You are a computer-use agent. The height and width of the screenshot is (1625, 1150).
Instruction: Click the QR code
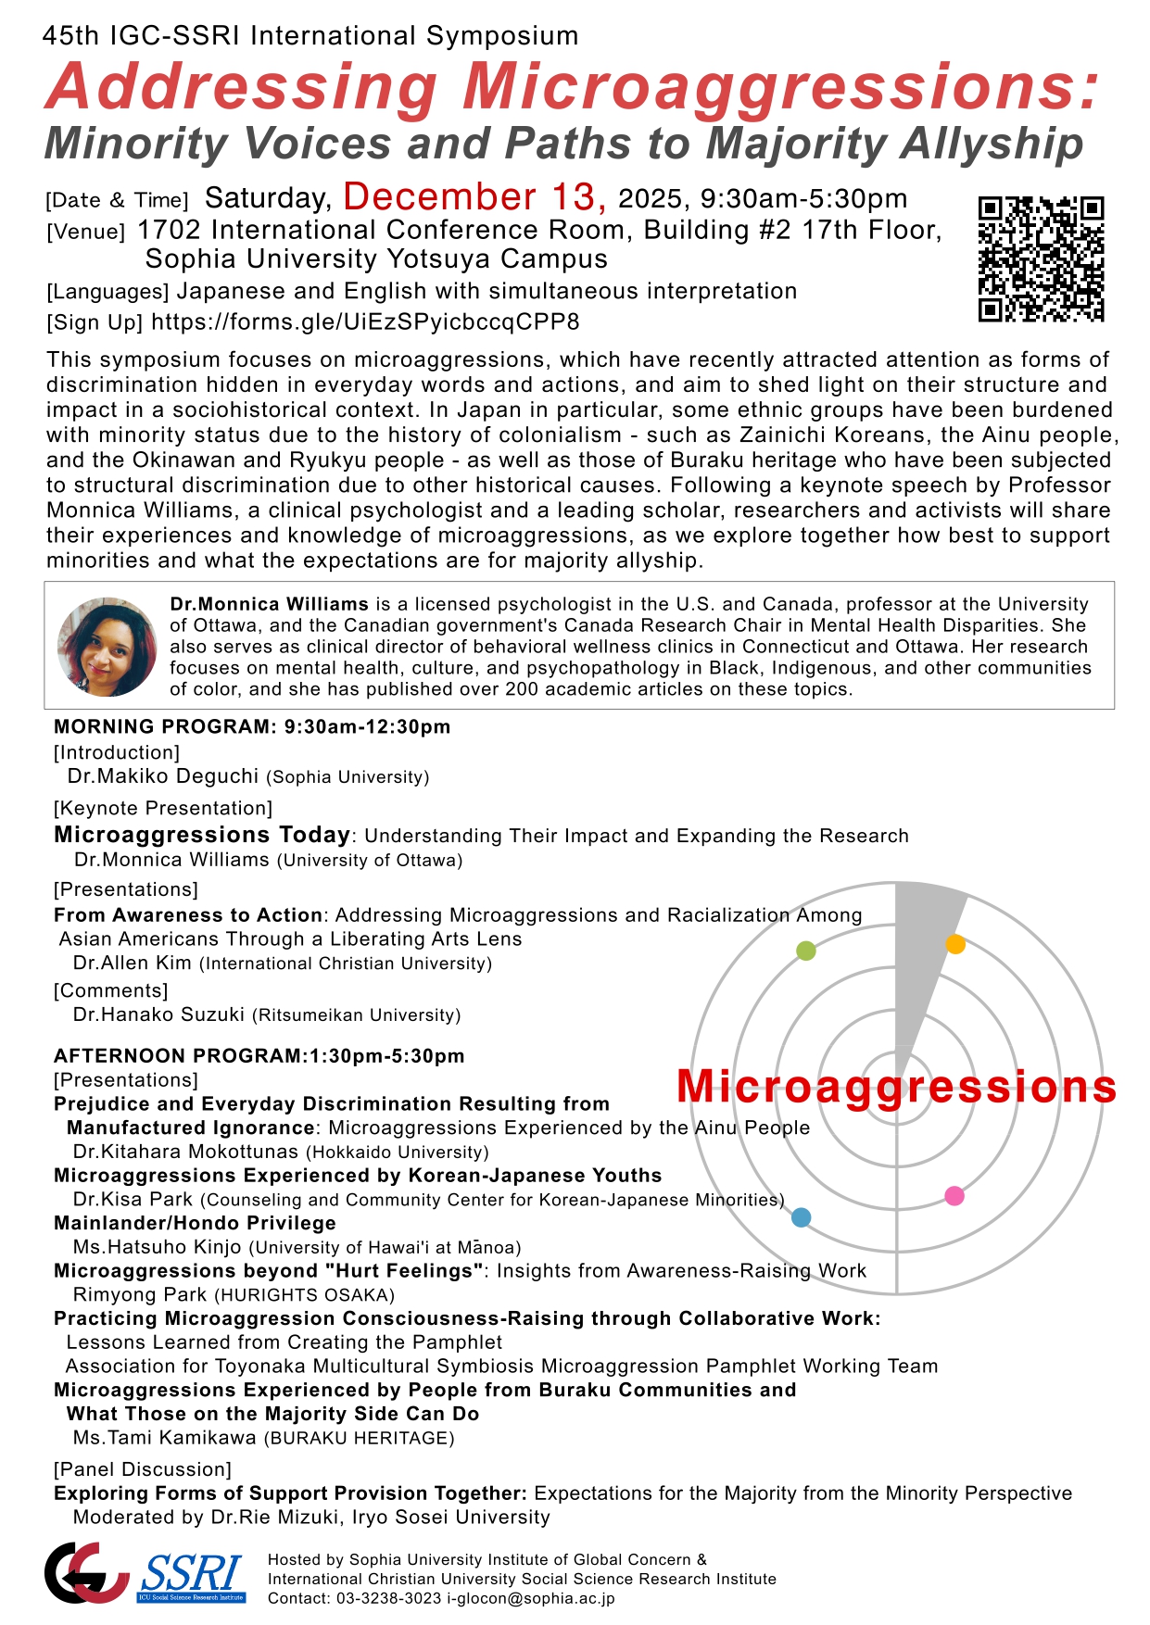click(x=1041, y=258)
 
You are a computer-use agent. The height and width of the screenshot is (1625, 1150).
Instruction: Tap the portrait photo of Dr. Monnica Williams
click(x=107, y=647)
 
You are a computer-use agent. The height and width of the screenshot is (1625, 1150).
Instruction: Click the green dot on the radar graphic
click(x=806, y=951)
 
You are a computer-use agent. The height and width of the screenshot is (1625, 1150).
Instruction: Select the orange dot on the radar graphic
click(x=955, y=944)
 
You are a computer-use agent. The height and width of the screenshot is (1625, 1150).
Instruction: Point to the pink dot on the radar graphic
click(x=954, y=1196)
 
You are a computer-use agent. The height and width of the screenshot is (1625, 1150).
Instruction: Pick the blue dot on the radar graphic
click(x=802, y=1217)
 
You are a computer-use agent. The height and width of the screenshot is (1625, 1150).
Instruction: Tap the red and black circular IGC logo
click(x=85, y=1572)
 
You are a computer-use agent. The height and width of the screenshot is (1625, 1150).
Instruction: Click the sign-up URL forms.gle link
click(x=365, y=322)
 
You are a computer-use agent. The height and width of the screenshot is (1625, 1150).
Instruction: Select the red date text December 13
click(x=474, y=197)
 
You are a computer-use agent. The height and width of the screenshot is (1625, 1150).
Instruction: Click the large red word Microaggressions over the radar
click(x=896, y=1087)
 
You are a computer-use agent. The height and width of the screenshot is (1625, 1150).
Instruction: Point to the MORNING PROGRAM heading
click(x=252, y=727)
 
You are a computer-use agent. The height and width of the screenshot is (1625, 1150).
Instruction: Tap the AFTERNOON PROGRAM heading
click(x=259, y=1056)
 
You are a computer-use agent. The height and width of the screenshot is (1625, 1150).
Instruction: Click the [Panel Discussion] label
click(x=143, y=1469)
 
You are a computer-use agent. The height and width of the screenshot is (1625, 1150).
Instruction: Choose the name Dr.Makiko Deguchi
click(x=163, y=776)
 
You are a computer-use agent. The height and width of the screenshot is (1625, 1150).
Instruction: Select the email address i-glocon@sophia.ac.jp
click(x=531, y=1598)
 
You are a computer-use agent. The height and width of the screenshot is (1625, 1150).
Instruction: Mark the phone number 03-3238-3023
click(x=388, y=1598)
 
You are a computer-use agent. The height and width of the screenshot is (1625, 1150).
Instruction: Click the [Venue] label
click(x=85, y=232)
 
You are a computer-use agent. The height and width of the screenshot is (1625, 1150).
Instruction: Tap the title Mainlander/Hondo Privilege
click(x=195, y=1223)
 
